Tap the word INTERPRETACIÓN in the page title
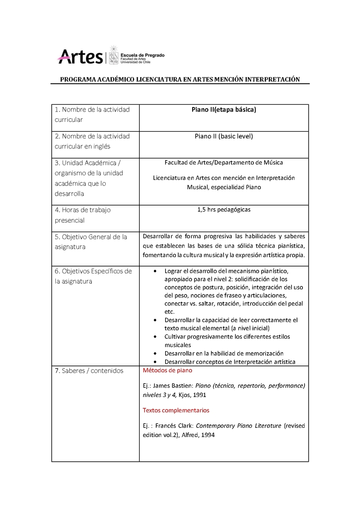[x=273, y=79]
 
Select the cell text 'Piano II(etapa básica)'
[x=224, y=110]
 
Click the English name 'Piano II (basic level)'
[x=224, y=136]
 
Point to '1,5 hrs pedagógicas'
[x=224, y=210]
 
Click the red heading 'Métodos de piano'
[x=167, y=371]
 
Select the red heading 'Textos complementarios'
[x=176, y=410]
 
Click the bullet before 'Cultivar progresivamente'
[x=155, y=336]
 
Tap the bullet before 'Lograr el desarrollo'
[x=155, y=272]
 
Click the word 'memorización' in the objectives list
[x=265, y=353]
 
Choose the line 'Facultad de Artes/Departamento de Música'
[x=224, y=162]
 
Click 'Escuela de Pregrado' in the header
[x=143, y=55]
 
